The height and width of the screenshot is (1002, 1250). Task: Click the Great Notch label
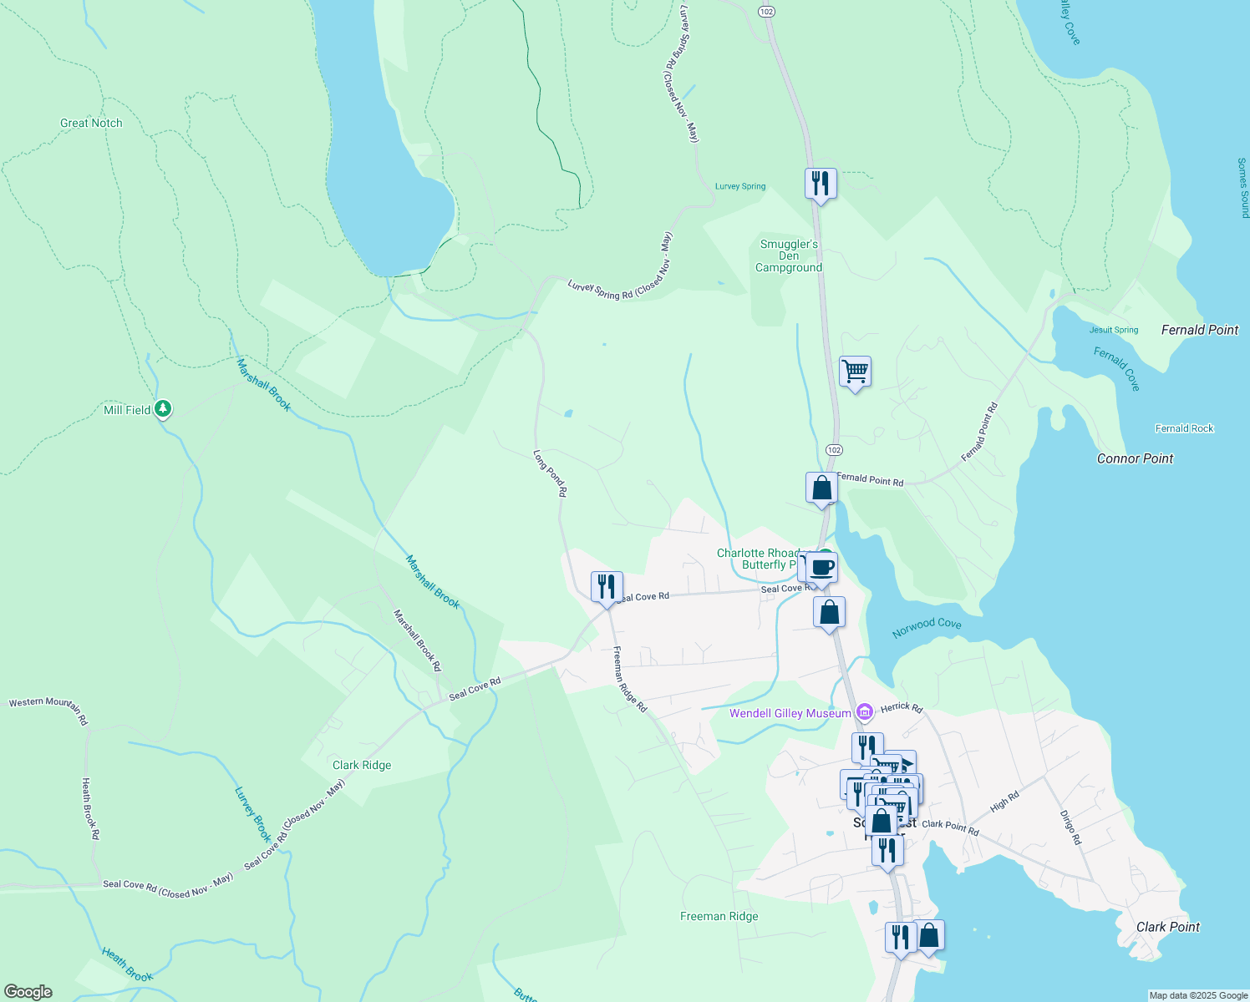point(91,123)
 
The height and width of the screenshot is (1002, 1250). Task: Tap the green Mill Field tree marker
point(164,409)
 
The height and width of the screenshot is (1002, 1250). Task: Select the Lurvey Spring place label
point(740,186)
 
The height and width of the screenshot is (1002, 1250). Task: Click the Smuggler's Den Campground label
point(789,256)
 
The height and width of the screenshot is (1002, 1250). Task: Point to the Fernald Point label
point(1199,330)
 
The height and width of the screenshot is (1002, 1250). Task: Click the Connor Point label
point(1135,458)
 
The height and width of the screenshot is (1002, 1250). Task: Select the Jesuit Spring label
point(1114,330)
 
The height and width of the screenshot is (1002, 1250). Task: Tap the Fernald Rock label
point(1184,428)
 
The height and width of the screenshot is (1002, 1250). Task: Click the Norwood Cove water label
point(927,627)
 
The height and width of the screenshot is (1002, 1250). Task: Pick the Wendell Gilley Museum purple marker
point(865,712)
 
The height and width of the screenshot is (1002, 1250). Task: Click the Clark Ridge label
point(362,765)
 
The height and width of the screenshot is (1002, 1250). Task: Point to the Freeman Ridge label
point(719,916)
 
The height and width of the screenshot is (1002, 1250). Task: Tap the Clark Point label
point(1167,927)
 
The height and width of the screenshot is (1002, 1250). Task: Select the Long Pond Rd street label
point(550,474)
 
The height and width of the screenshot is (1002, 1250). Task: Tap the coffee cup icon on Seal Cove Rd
point(822,568)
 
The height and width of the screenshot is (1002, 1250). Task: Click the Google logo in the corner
point(28,991)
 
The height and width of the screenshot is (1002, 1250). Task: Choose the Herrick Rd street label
point(902,707)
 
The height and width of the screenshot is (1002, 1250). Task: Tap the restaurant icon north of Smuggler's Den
point(821,183)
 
